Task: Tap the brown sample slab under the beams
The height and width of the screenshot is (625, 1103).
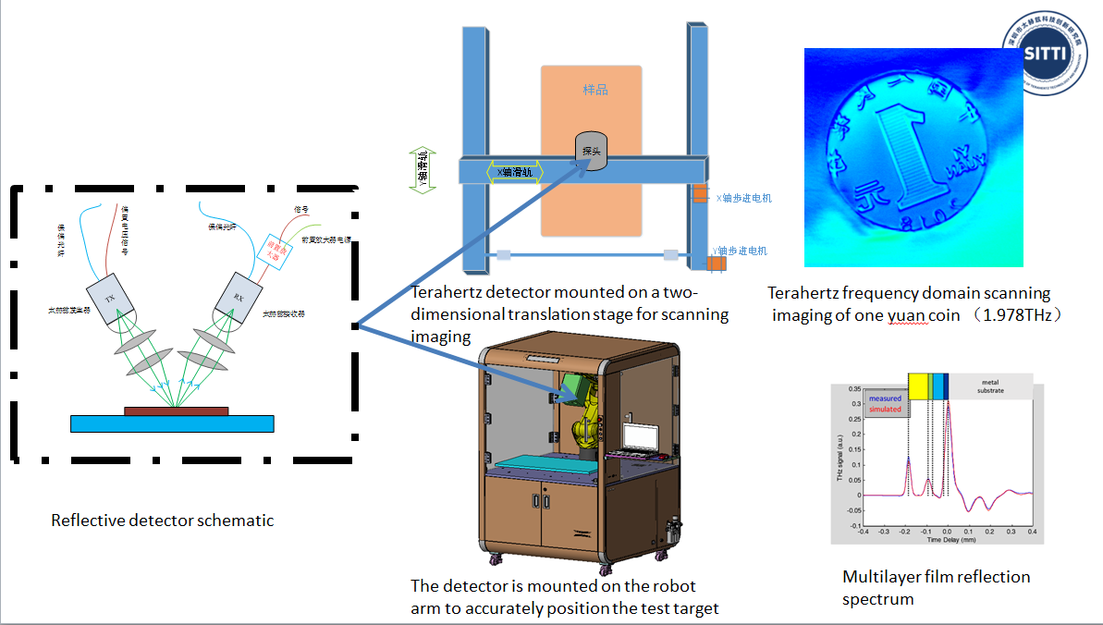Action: [x=176, y=411]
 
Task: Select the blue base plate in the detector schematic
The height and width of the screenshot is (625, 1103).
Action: [x=172, y=423]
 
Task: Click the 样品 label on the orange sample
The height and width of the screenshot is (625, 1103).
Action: [x=595, y=90]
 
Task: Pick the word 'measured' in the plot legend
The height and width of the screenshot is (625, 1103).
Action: [x=885, y=398]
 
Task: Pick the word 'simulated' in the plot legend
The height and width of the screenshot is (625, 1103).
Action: [x=885, y=408]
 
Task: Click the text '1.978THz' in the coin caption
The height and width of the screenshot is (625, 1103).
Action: [x=1013, y=314]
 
